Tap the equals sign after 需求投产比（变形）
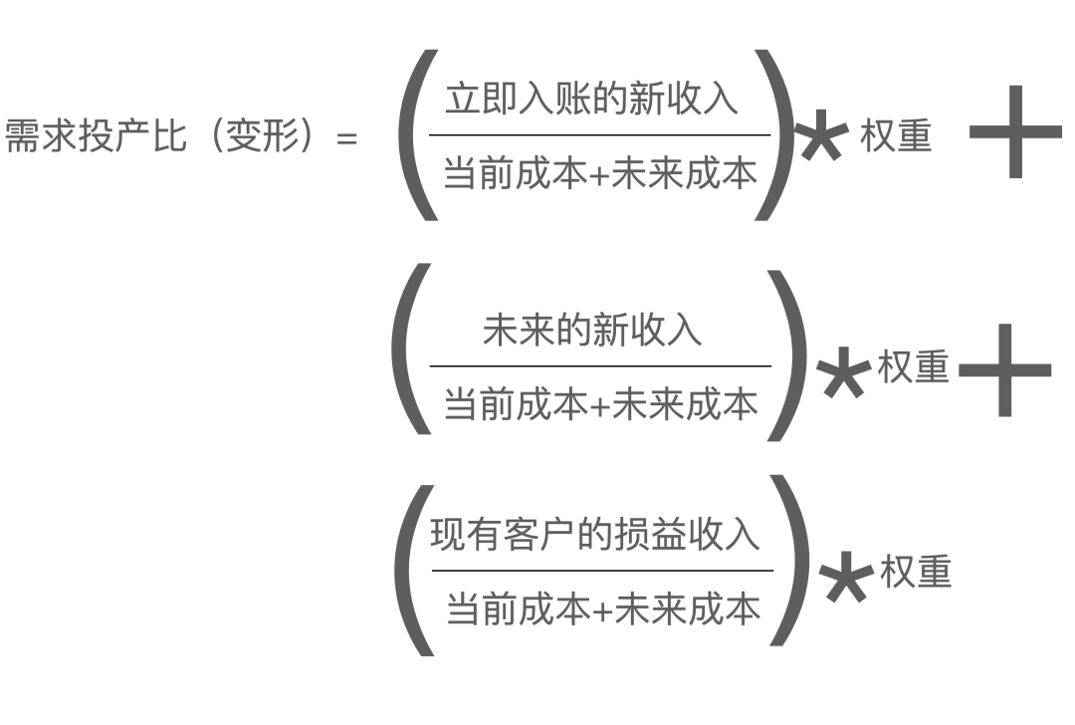[x=346, y=138]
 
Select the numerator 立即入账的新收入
[x=591, y=101]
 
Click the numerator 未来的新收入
[x=592, y=331]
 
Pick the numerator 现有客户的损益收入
[x=594, y=536]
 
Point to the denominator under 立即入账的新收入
[x=599, y=175]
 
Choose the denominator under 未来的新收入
[x=600, y=405]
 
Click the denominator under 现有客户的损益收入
[x=603, y=609]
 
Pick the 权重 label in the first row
[x=895, y=137]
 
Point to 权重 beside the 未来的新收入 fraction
[x=913, y=368]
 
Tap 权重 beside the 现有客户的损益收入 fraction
[x=916, y=573]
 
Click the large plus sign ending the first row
[x=1014, y=132]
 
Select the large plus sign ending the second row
[x=1004, y=370]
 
